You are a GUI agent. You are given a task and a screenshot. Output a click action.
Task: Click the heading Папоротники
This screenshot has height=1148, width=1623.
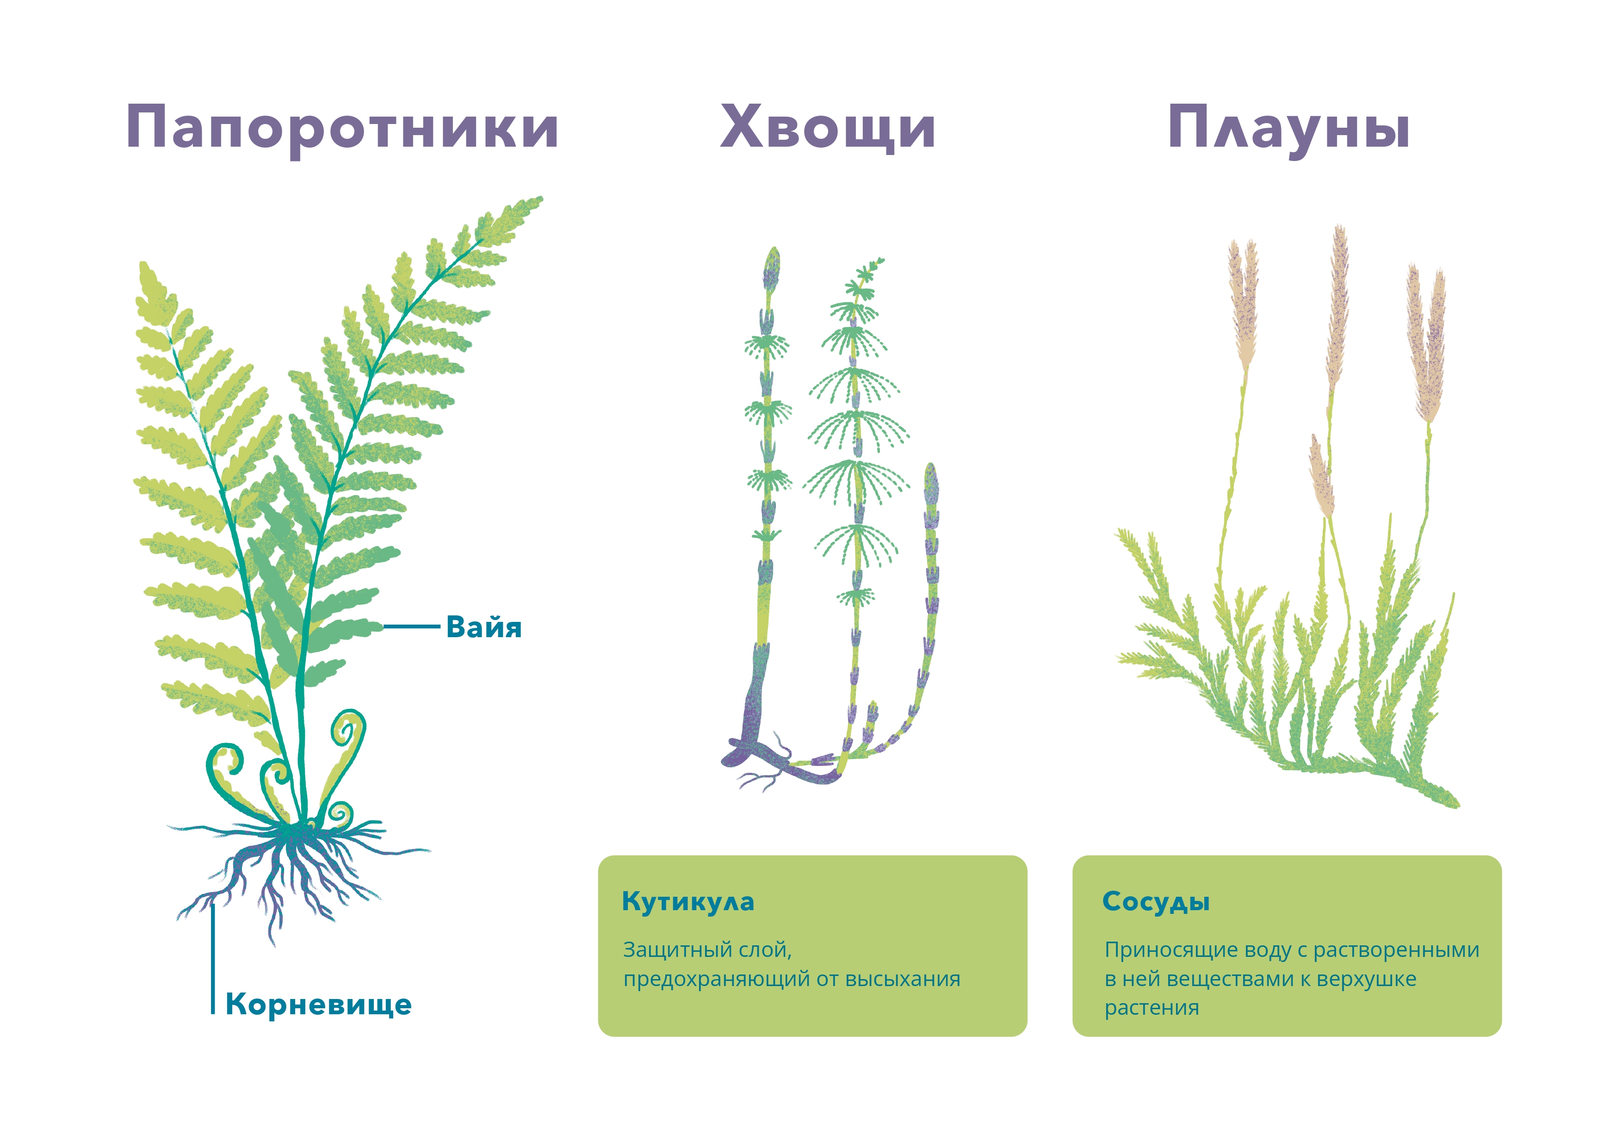click(342, 129)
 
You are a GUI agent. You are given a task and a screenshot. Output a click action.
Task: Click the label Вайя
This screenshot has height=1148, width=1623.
click(483, 627)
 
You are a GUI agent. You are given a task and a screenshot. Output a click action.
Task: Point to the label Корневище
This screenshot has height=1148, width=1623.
click(318, 1005)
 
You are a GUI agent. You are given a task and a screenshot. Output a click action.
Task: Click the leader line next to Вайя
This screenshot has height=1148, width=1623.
click(411, 626)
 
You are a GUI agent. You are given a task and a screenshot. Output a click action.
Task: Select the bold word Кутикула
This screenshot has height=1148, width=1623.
click(688, 902)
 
